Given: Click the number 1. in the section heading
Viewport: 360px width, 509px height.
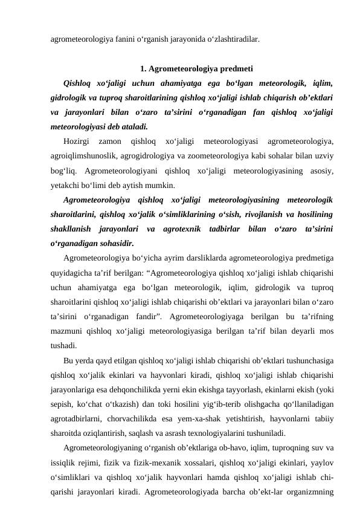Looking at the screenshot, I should pos(143,68).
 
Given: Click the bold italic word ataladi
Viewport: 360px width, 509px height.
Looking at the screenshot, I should pos(130,127).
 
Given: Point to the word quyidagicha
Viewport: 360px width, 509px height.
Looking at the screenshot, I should pos(71,273).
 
